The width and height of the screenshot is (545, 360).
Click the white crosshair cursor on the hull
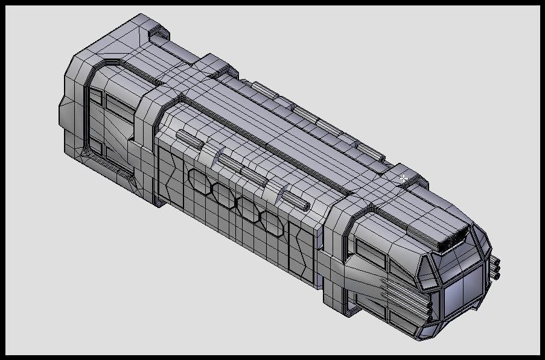pos(403,178)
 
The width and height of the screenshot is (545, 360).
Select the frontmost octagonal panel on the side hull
pos(270,221)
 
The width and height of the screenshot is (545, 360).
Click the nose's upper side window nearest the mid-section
pos(370,251)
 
